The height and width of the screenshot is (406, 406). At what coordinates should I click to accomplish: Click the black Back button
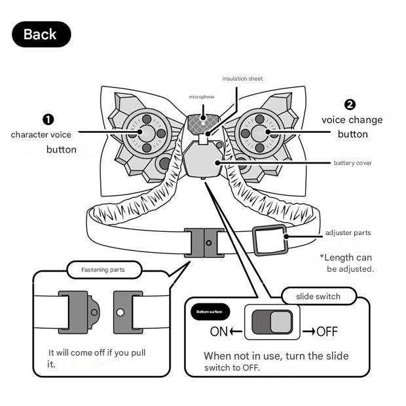tap(41, 34)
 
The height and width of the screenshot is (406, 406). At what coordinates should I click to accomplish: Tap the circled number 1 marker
tap(48, 119)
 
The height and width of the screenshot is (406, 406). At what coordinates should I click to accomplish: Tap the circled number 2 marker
tap(350, 105)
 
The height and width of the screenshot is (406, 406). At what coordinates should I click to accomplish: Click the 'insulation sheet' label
tap(242, 79)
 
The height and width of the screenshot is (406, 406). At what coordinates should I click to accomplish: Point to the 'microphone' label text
tap(202, 97)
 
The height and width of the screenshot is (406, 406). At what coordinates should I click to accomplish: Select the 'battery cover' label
tap(352, 162)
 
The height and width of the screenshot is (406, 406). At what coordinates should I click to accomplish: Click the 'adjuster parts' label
tap(348, 232)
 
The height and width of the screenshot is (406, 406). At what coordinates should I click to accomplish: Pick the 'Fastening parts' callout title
tap(103, 269)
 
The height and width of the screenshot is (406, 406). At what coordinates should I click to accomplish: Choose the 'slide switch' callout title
tap(318, 296)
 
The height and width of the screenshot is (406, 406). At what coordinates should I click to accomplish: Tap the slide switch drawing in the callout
tap(272, 323)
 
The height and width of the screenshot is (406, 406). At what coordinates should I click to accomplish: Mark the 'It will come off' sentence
tap(96, 358)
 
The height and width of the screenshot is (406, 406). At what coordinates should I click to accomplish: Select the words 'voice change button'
tap(352, 127)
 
